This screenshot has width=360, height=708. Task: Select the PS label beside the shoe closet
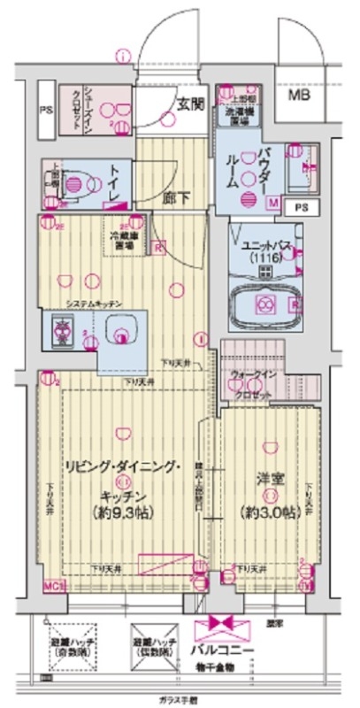tap(45, 111)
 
